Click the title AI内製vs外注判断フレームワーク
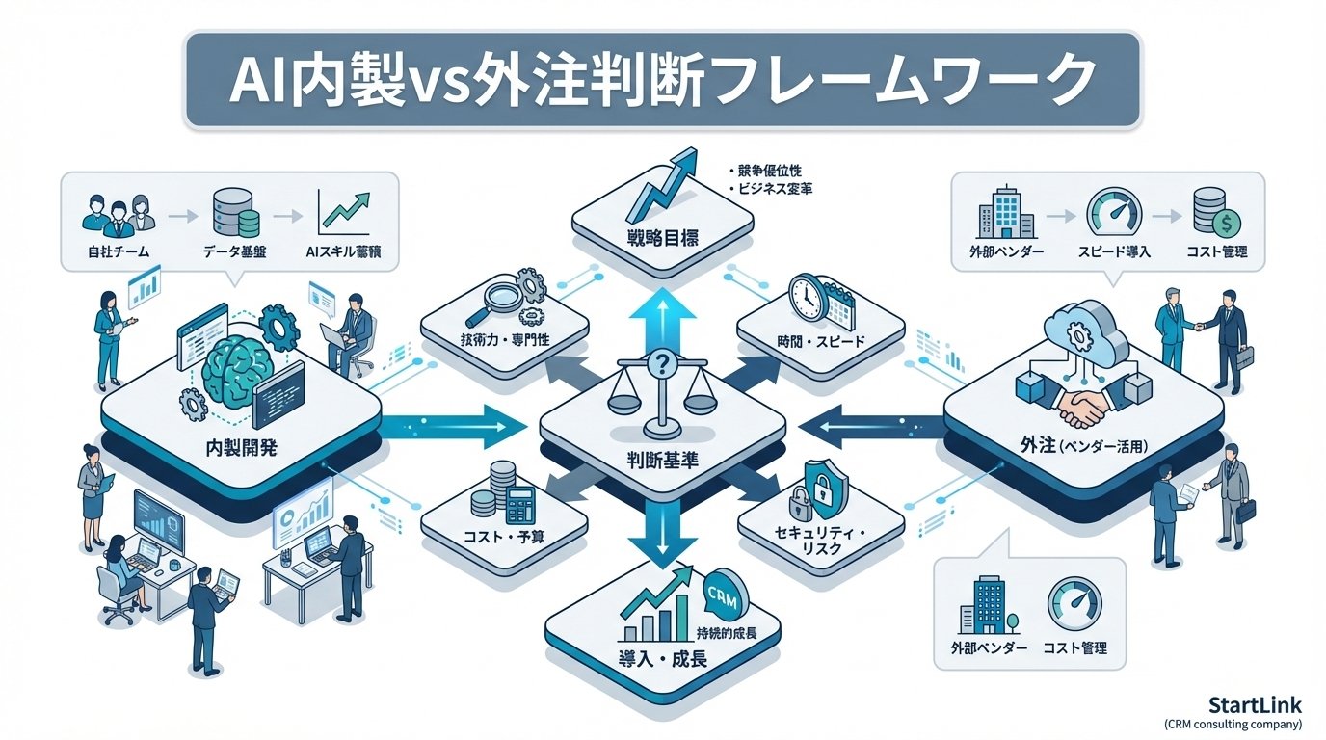pyautogui.click(x=663, y=80)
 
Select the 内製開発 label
pyautogui.click(x=241, y=448)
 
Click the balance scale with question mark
pyautogui.click(x=661, y=390)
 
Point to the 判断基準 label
pyautogui.click(x=661, y=460)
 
